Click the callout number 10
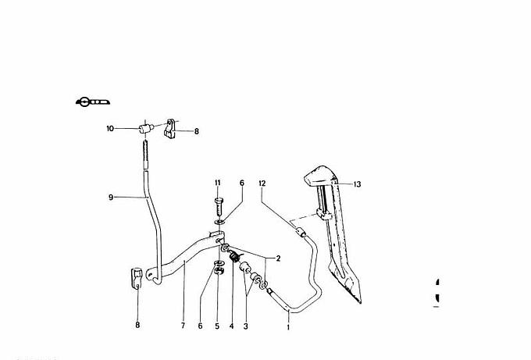[x=110, y=128]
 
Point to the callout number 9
[x=112, y=197]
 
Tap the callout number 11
[x=218, y=183]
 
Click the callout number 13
[x=358, y=185]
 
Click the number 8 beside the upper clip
[x=196, y=132]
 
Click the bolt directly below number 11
[x=218, y=209]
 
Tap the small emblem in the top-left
[x=92, y=101]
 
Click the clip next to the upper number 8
[x=171, y=128]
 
